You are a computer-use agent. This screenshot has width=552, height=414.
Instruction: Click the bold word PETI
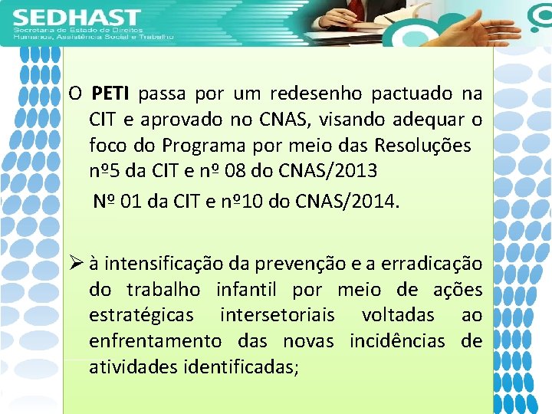point(113,94)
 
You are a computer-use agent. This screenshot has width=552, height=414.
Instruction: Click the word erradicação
point(437,264)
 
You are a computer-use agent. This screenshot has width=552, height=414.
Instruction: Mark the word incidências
point(397,340)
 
